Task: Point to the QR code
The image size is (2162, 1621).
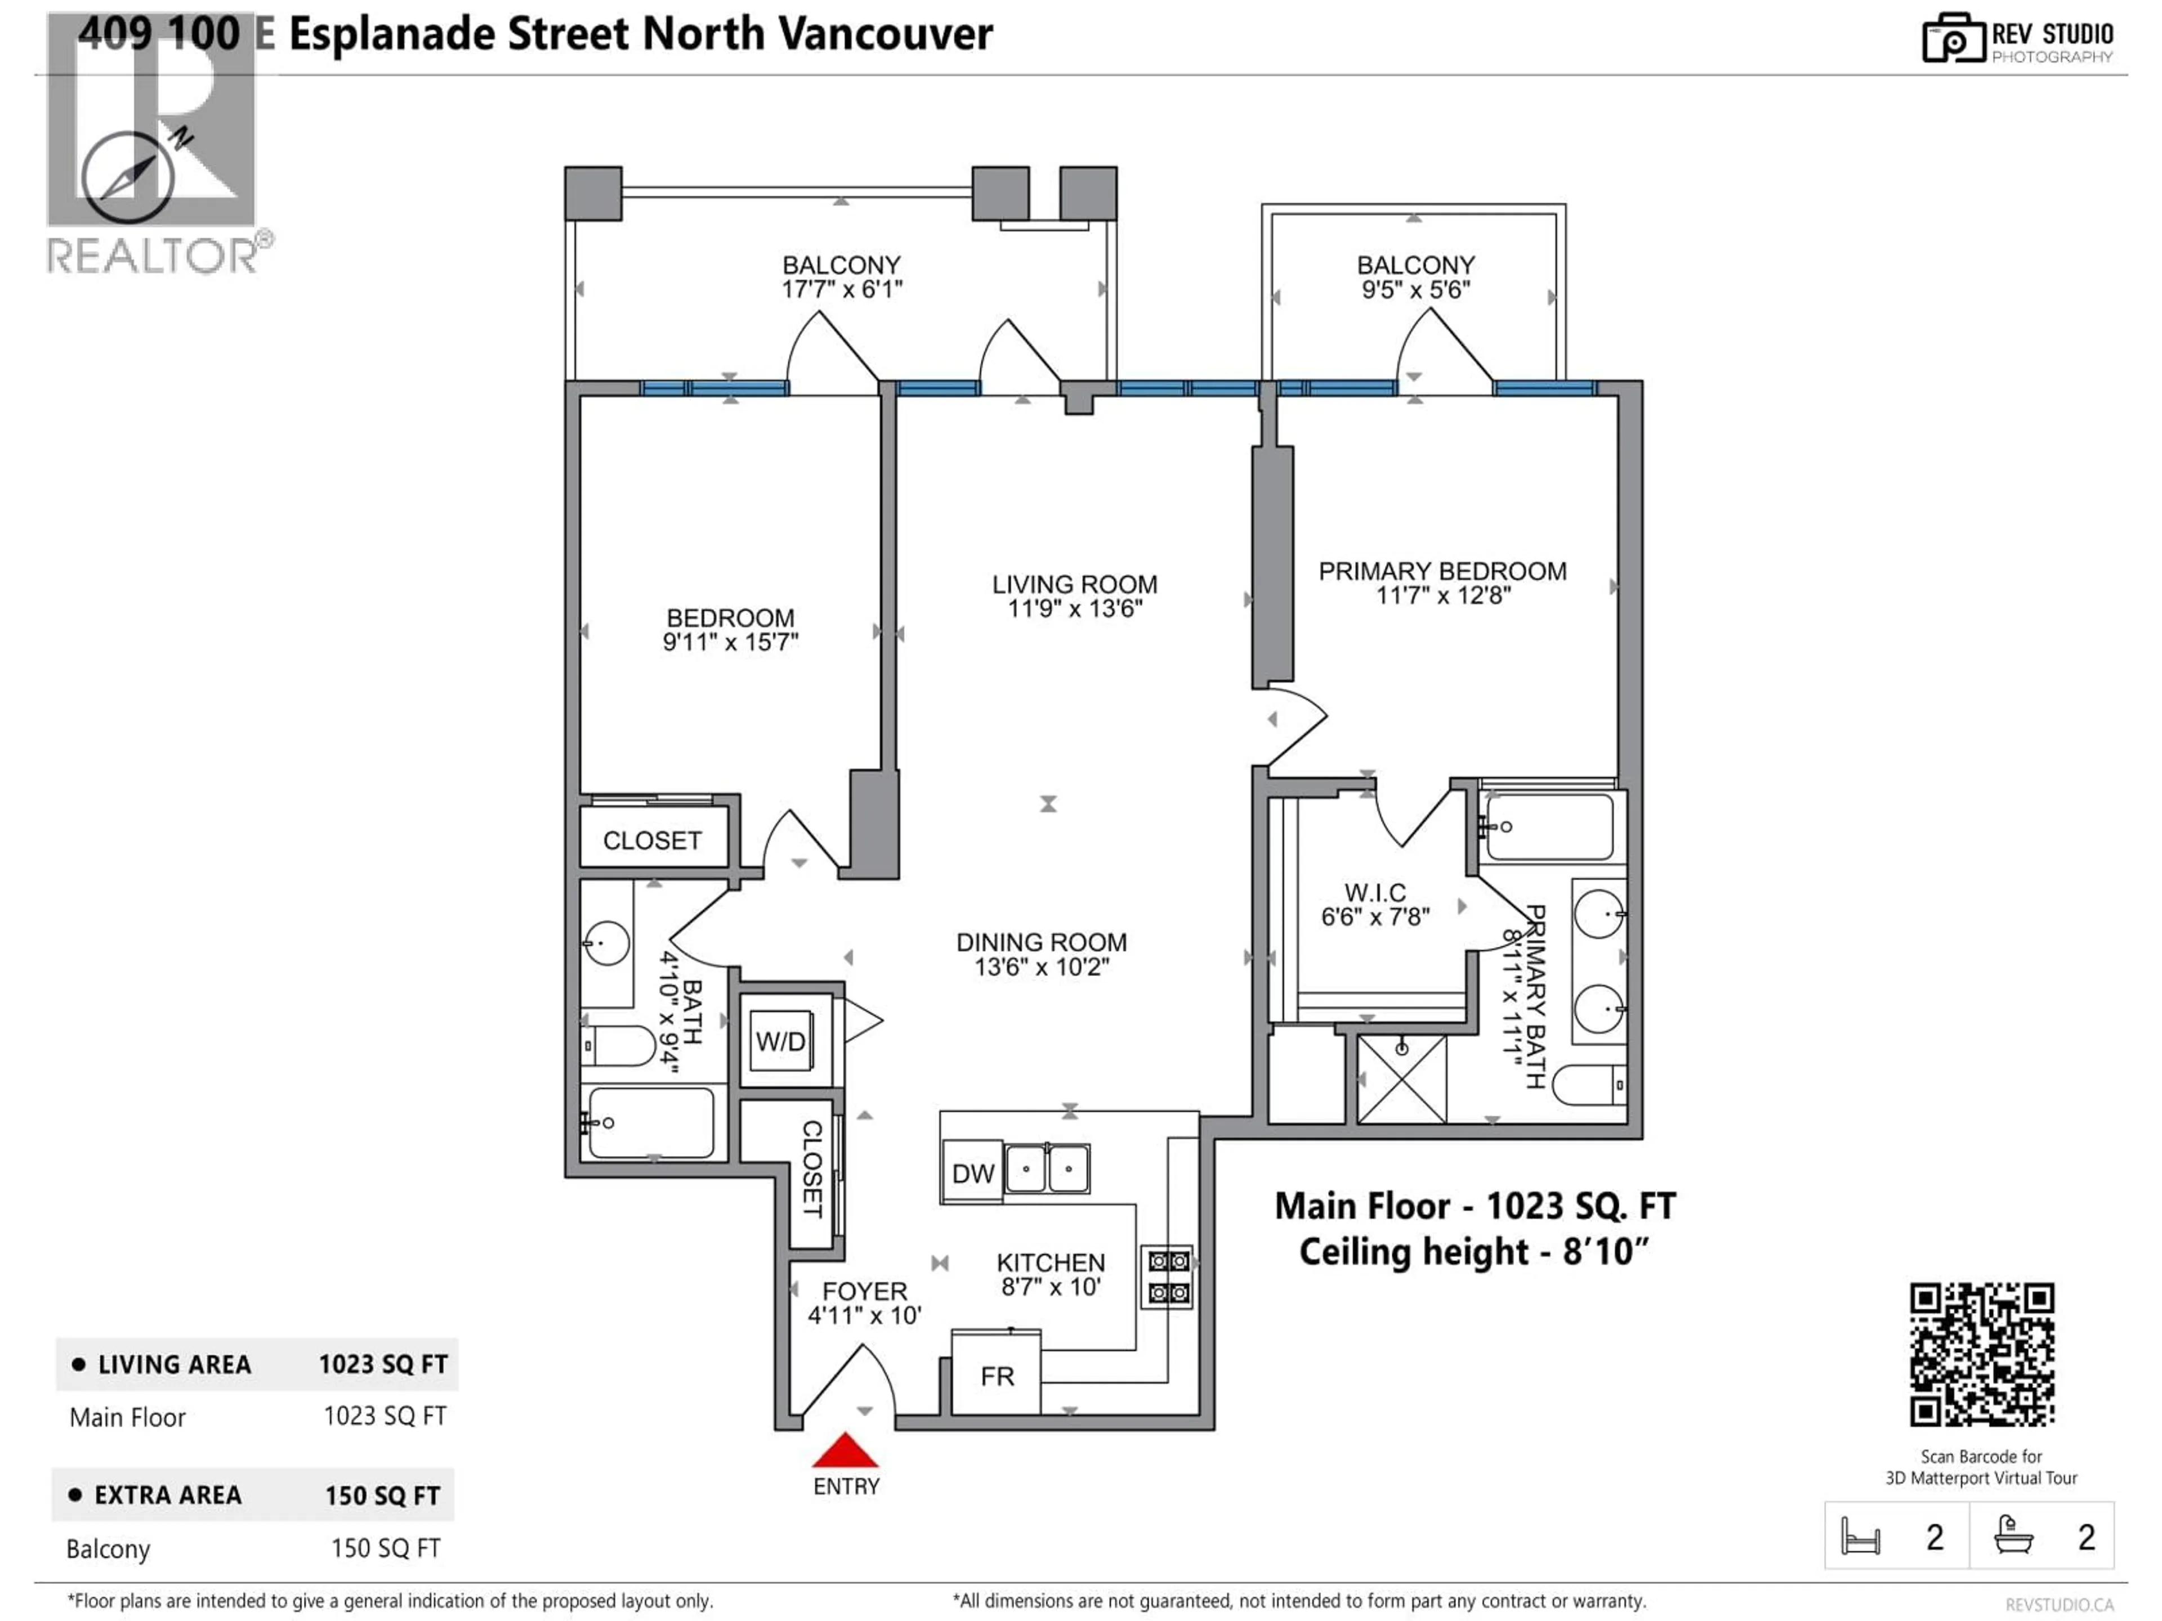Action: [x=1981, y=1354]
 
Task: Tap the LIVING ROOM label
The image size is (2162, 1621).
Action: [x=1074, y=584]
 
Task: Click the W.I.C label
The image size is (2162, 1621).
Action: [x=1375, y=892]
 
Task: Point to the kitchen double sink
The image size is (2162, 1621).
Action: [x=1047, y=1168]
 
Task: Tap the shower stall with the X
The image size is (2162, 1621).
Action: [x=1401, y=1080]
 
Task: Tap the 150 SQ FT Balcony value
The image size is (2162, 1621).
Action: [x=385, y=1548]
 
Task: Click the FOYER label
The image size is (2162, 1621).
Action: [x=864, y=1291]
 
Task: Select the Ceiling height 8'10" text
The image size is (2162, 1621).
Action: [x=1473, y=1252]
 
